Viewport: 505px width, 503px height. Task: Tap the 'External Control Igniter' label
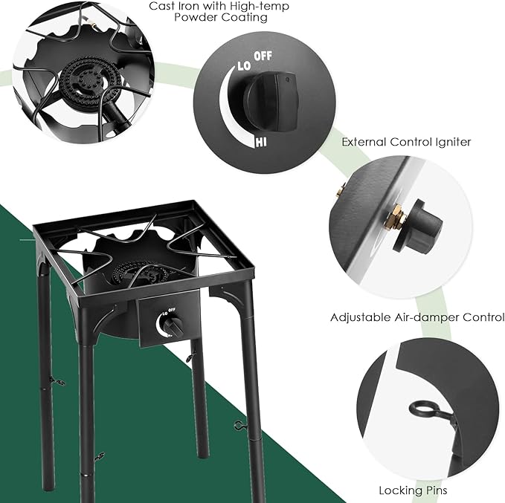tap(406, 141)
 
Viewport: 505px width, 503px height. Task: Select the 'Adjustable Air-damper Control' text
tap(417, 317)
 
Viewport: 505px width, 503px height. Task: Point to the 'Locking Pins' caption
tap(412, 490)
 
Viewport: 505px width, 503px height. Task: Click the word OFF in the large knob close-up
tap(263, 56)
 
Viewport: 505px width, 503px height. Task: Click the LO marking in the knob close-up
tap(243, 65)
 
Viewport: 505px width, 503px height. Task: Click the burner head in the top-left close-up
tap(83, 77)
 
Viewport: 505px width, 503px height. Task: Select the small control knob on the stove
tap(173, 325)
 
